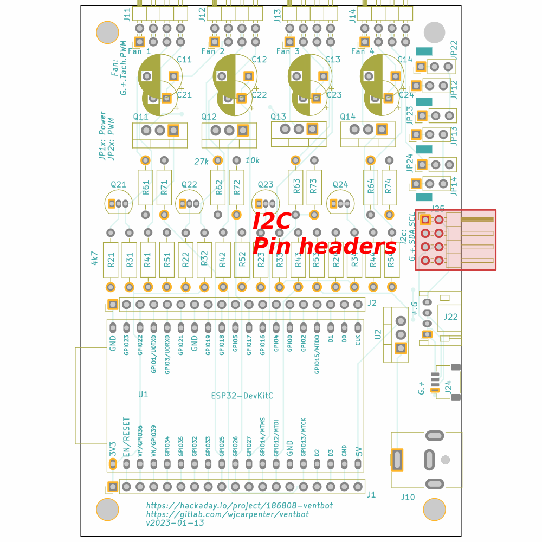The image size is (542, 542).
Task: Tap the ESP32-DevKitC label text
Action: [x=242, y=396]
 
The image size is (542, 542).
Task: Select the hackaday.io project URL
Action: [x=239, y=505]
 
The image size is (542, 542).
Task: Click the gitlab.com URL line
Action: [x=227, y=514]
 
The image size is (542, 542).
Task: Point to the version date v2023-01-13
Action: [x=175, y=523]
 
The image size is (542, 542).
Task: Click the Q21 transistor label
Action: [x=118, y=185]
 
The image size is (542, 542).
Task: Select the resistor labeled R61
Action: [x=145, y=188]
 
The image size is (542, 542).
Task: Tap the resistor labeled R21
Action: [x=111, y=260]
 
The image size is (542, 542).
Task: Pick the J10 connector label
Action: [x=408, y=497]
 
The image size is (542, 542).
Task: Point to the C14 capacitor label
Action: [x=405, y=60]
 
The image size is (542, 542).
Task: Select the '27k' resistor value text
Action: [x=202, y=161]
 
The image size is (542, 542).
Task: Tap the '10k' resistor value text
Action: [x=253, y=160]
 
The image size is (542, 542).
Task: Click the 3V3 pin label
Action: [x=113, y=449]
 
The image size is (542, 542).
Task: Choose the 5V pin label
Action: [x=358, y=451]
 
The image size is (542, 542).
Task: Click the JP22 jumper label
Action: [x=454, y=49]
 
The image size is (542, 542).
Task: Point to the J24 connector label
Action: [x=448, y=386]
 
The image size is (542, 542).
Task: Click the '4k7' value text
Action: [x=94, y=258]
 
